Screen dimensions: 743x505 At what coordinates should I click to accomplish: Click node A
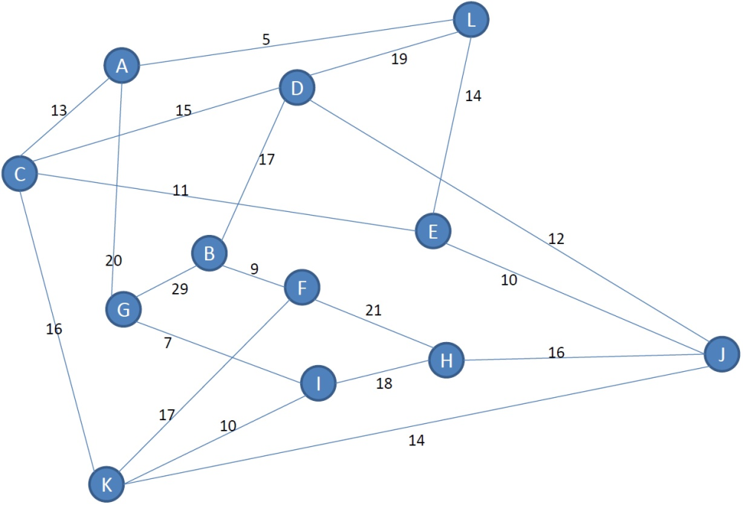[122, 65]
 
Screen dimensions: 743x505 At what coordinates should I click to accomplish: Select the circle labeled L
[471, 19]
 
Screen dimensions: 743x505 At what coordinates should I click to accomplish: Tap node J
[721, 354]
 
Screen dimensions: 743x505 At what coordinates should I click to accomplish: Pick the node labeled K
[106, 484]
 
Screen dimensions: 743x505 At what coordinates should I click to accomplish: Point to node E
[432, 231]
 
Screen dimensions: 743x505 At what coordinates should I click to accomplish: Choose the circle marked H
[446, 361]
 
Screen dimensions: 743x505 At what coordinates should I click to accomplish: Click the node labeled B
[209, 253]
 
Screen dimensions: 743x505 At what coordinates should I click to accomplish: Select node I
[319, 383]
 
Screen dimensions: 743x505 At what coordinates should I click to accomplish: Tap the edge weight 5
[266, 39]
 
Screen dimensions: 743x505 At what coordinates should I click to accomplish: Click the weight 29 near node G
[180, 289]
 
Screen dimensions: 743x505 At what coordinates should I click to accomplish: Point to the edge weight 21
[374, 310]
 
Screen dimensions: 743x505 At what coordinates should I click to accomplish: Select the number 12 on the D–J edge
[557, 239]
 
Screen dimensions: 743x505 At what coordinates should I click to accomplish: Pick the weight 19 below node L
[399, 59]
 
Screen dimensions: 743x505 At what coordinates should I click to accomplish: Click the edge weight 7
[168, 342]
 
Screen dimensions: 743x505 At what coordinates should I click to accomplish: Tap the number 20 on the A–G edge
[114, 260]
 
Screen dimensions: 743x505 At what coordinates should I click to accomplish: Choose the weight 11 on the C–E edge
[181, 190]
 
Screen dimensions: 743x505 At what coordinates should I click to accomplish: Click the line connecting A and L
[296, 42]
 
